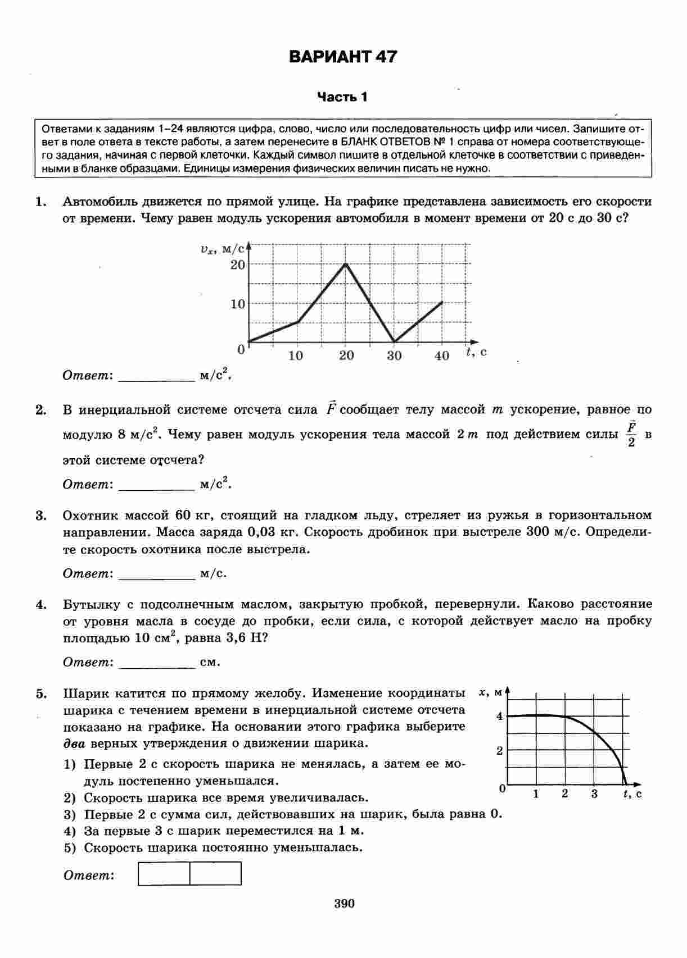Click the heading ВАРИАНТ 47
[x=342, y=57]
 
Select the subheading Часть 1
[x=342, y=97]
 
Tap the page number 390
[x=344, y=904]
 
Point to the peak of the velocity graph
[x=345, y=263]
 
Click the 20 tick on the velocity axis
[x=238, y=264]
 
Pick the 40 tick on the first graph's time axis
[x=442, y=355]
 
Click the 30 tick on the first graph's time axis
[x=394, y=355]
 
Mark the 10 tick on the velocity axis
[x=238, y=304]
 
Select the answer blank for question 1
[x=157, y=376]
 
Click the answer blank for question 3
[x=157, y=574]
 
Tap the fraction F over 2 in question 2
[x=631, y=434]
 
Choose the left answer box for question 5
[x=164, y=874]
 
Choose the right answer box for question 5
[x=215, y=874]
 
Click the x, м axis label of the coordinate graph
[x=490, y=693]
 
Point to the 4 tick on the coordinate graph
[x=499, y=716]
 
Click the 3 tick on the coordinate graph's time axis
[x=594, y=793]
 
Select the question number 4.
[x=40, y=605]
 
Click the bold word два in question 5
[x=74, y=743]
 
